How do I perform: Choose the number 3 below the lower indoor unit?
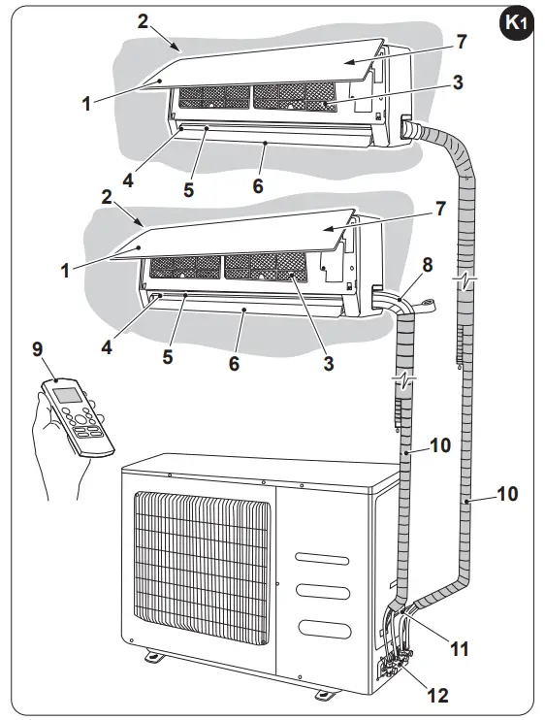[329, 364]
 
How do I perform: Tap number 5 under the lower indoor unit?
[167, 356]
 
